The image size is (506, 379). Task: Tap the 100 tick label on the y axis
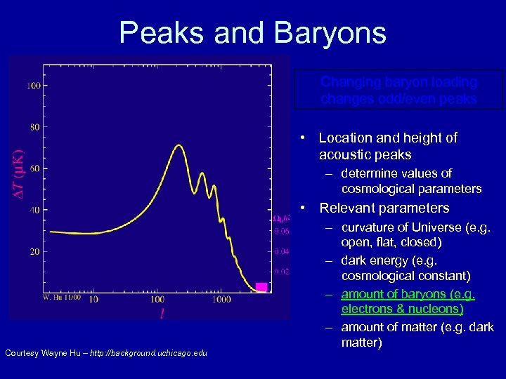[33, 86]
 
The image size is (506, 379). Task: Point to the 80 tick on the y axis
[34, 127]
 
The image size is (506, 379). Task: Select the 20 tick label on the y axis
[34, 251]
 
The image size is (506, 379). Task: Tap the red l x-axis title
[162, 314]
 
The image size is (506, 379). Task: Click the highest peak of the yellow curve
[179, 145]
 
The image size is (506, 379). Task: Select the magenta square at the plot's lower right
[261, 287]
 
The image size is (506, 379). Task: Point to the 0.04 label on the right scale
[281, 251]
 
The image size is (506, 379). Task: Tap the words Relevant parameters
[384, 208]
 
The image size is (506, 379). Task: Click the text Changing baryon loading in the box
[398, 82]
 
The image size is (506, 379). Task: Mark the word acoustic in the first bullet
[343, 154]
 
